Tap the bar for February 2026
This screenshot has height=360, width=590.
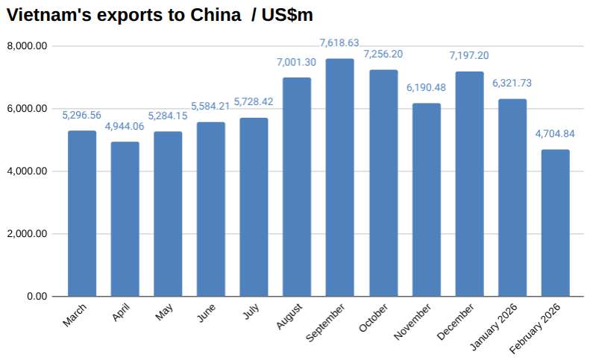pos(555,223)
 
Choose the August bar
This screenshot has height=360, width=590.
pos(297,186)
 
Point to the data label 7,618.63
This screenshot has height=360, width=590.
pos(340,43)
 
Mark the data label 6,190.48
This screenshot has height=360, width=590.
pos(426,87)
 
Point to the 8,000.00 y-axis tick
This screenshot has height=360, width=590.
pos(28,46)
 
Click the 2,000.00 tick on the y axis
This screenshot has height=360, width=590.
pos(28,234)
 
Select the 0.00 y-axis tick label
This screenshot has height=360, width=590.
pos(37,297)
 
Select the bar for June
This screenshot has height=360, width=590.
pos(211,209)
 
